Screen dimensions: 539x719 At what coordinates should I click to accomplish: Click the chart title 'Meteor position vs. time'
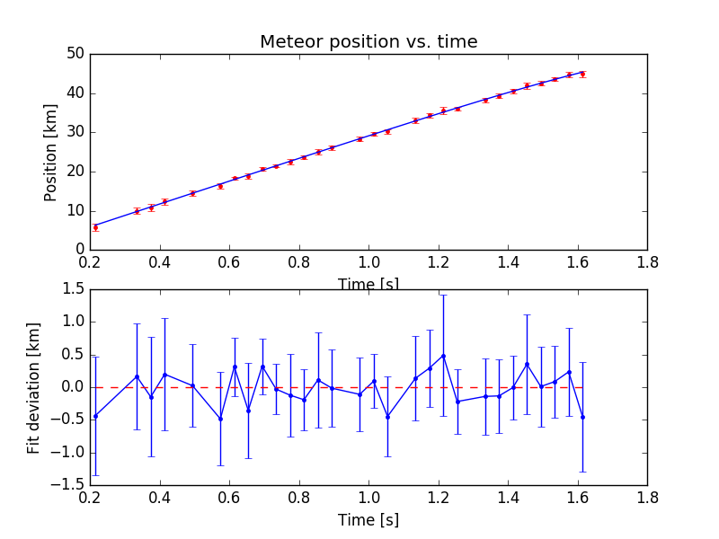[368, 42]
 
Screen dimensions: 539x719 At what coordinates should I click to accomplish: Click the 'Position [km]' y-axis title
[51, 151]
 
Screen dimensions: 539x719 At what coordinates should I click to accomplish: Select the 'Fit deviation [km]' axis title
[34, 386]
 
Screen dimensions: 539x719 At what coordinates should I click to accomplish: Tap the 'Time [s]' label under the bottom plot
[368, 520]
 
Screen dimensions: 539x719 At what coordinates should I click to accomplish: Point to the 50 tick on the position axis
[75, 53]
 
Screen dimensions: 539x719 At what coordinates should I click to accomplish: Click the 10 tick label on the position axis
[75, 211]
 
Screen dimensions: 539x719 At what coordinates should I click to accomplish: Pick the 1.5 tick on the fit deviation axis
[72, 288]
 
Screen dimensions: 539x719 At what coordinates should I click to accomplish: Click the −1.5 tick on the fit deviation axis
[68, 485]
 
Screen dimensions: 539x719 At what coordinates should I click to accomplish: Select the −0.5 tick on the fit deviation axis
[68, 420]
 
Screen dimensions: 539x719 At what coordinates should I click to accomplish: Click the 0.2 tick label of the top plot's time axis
[90, 263]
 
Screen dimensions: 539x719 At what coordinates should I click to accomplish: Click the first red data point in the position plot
[95, 227]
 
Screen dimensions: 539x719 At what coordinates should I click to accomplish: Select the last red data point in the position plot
[582, 74]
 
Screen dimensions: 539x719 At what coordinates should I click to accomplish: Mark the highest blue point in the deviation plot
[443, 356]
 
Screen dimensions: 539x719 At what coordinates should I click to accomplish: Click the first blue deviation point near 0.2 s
[95, 416]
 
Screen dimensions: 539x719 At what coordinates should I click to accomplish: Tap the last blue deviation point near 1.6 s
[582, 417]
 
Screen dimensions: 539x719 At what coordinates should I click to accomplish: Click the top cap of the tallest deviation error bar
[443, 295]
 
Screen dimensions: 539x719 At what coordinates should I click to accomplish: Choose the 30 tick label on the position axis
[75, 132]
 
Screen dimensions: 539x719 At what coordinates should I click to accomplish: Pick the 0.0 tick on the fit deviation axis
[72, 387]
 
